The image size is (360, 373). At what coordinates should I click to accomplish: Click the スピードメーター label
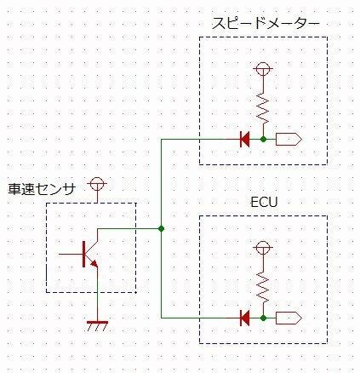(x=266, y=24)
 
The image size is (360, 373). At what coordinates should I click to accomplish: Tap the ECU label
(x=264, y=202)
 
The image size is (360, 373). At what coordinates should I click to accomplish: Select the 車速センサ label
(x=42, y=189)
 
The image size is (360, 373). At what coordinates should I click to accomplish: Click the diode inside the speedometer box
(x=244, y=140)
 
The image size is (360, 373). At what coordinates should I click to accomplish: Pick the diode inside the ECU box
(x=244, y=318)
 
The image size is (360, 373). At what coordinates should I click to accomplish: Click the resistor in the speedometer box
(x=263, y=109)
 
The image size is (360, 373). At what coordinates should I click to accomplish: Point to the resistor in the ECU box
(x=263, y=288)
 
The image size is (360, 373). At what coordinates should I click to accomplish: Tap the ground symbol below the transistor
(x=97, y=326)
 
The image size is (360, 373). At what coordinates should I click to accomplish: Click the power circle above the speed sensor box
(x=97, y=183)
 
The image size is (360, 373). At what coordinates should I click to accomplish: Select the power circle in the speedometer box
(x=263, y=68)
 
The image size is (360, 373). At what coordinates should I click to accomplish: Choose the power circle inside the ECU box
(x=263, y=247)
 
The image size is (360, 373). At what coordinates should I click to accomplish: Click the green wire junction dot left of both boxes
(x=161, y=228)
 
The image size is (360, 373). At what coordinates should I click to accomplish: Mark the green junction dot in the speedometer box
(x=263, y=140)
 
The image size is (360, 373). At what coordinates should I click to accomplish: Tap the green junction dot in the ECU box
(x=263, y=318)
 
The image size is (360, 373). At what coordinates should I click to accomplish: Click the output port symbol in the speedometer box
(x=289, y=140)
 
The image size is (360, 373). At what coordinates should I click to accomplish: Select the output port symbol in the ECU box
(x=289, y=318)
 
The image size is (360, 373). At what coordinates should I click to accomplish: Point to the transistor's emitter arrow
(x=94, y=264)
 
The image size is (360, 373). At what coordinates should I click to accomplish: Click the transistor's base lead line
(x=71, y=254)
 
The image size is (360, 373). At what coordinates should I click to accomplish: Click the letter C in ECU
(x=264, y=202)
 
